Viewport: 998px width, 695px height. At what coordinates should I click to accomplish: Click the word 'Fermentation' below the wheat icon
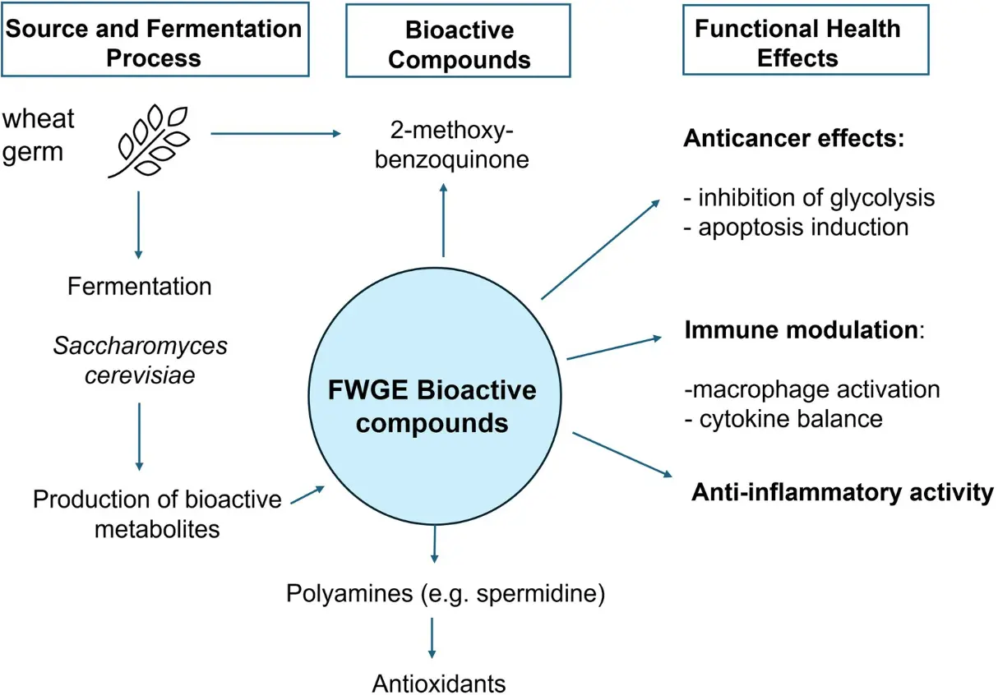(140, 287)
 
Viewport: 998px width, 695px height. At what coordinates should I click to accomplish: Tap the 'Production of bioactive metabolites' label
(157, 513)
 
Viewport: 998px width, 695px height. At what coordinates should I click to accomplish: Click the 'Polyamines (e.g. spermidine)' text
(446, 593)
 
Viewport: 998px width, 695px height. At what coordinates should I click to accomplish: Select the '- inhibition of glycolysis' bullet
(809, 198)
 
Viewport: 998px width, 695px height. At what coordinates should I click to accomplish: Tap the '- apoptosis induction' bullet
(796, 227)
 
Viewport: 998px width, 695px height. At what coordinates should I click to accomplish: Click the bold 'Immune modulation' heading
(800, 330)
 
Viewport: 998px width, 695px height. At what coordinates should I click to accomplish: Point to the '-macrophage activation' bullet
(811, 389)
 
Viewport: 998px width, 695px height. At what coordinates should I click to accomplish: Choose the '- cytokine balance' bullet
(783, 418)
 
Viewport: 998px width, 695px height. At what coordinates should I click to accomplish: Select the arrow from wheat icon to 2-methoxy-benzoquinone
(276, 132)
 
